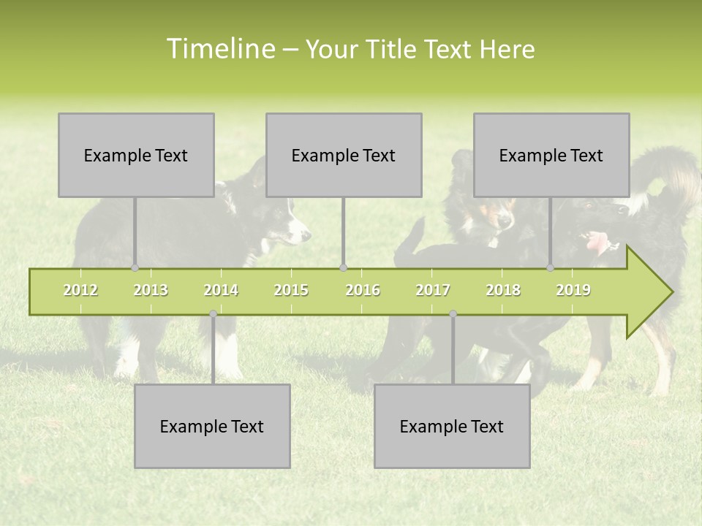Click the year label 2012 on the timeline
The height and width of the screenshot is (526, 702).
(x=80, y=290)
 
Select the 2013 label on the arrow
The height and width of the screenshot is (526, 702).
(x=151, y=290)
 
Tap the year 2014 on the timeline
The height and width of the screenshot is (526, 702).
(x=221, y=290)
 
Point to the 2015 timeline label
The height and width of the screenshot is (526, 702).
(x=291, y=290)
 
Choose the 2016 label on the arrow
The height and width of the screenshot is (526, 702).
(x=363, y=290)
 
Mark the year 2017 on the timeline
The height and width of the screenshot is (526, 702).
(x=433, y=290)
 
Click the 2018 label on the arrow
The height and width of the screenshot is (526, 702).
(x=503, y=290)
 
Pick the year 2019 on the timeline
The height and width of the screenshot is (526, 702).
(x=573, y=290)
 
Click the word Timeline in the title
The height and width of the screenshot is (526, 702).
(x=219, y=49)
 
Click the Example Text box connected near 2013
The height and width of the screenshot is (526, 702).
(x=136, y=155)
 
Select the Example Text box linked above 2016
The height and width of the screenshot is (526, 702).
(x=344, y=155)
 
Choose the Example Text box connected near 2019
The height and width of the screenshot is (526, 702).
(x=551, y=155)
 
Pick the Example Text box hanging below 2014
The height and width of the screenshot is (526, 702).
(x=212, y=426)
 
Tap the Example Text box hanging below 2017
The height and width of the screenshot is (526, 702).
(x=452, y=426)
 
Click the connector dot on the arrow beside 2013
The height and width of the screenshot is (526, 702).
(x=135, y=268)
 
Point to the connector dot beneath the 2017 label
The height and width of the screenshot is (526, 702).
(x=453, y=314)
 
